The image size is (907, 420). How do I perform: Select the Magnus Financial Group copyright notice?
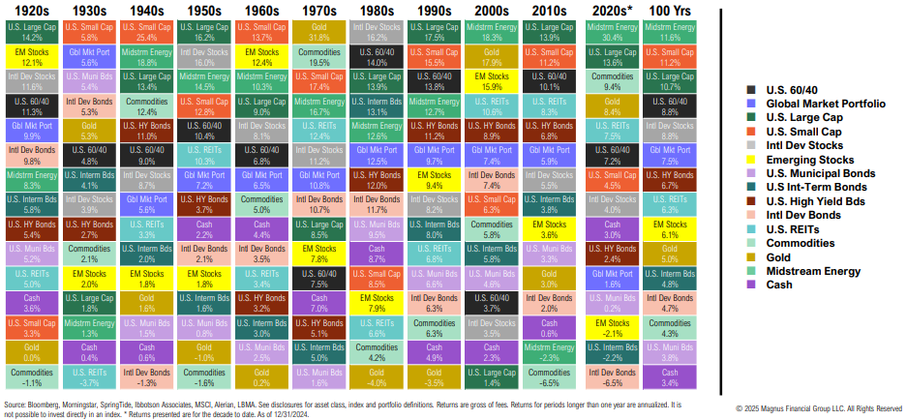click(819, 408)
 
